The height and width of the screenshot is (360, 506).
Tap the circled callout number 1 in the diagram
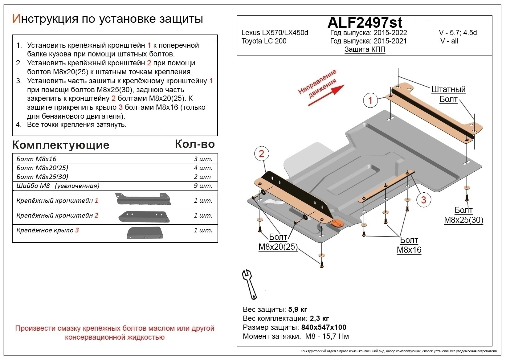[371, 100]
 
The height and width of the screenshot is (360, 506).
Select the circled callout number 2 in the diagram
[262, 153]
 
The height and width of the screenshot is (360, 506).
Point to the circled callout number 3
[423, 200]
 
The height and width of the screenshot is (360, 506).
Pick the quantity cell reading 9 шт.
[202, 186]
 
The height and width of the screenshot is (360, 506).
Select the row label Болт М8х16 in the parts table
[36, 159]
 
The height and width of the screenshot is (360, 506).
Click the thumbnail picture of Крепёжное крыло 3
[145, 233]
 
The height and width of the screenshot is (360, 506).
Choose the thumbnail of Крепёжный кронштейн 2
[144, 217]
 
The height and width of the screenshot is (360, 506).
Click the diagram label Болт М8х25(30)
[463, 215]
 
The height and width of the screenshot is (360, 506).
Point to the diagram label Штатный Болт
[448, 94]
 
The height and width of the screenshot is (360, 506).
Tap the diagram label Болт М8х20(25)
[278, 242]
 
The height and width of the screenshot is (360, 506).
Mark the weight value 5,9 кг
[297, 309]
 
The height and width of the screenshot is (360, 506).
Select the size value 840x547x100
[324, 327]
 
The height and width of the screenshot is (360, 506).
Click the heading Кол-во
[195, 144]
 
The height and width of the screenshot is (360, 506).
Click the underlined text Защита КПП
[365, 49]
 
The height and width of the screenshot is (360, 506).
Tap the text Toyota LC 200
[264, 41]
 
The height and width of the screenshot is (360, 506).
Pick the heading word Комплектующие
[61, 145]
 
